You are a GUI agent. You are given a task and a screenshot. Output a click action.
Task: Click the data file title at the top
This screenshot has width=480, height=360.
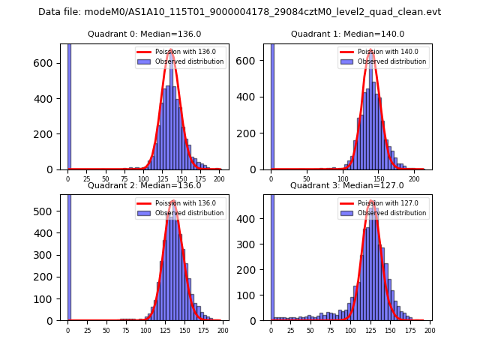(239, 12)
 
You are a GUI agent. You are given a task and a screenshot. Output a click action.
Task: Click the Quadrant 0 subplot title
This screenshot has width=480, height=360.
(144, 34)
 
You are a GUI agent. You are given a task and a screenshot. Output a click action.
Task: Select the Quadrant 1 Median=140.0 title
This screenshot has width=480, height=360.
(347, 34)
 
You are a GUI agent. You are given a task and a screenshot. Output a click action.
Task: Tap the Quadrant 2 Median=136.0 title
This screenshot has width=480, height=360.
(144, 185)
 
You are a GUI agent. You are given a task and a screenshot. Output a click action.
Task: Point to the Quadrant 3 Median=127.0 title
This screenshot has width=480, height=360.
(347, 185)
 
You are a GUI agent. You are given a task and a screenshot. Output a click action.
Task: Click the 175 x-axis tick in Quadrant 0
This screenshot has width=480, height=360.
(200, 179)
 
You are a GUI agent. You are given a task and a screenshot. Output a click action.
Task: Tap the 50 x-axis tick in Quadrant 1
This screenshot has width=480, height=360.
(307, 179)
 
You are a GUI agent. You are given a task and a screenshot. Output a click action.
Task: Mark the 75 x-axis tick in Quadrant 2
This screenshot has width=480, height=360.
(125, 331)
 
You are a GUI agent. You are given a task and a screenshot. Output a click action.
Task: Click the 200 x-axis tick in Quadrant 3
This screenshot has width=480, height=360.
(429, 331)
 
